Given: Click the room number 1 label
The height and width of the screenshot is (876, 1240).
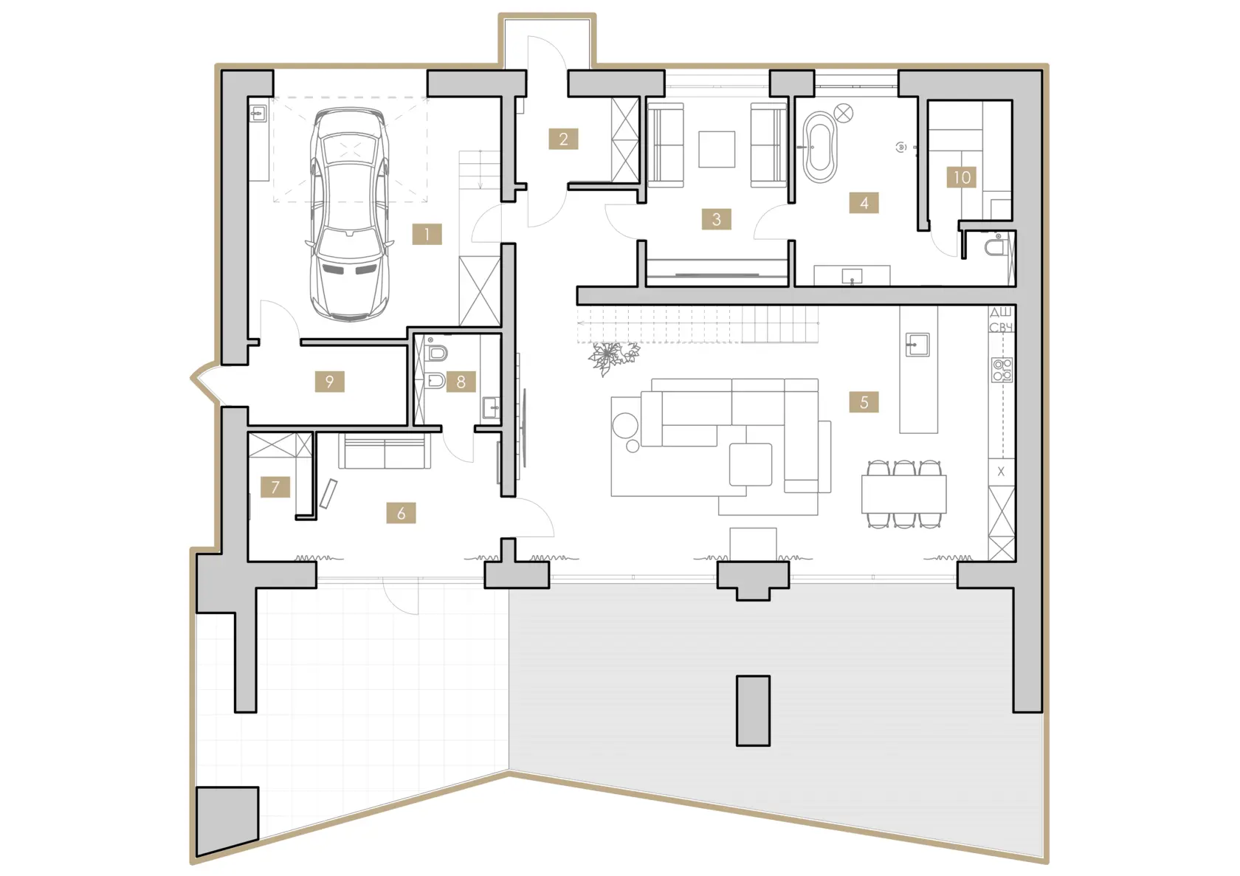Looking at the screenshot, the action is click(427, 235).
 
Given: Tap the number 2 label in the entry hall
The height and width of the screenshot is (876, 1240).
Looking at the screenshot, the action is click(564, 139).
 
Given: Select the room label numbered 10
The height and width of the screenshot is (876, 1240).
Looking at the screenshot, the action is click(961, 177).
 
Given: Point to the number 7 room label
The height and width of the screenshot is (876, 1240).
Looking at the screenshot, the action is click(275, 487).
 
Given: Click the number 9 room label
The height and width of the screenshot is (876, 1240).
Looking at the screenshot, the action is click(329, 382).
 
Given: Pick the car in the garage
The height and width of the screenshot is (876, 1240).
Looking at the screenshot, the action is click(349, 214).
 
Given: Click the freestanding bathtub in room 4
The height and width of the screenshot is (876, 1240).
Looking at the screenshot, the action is click(820, 148).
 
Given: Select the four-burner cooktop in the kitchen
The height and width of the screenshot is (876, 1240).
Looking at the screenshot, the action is click(1002, 370).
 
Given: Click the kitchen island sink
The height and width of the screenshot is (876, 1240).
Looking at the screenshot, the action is click(917, 345).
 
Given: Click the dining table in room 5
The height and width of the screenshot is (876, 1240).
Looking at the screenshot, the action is click(904, 494).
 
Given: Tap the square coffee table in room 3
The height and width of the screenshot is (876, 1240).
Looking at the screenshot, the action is click(717, 149).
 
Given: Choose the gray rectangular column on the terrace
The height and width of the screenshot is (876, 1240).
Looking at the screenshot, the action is click(753, 711).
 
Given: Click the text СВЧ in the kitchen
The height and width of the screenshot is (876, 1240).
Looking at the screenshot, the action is click(1001, 328).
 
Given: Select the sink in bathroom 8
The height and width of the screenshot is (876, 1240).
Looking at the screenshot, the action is click(491, 408).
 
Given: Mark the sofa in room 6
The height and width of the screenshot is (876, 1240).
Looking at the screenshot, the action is click(385, 451).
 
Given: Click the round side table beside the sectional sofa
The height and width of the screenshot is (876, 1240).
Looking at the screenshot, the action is click(626, 426).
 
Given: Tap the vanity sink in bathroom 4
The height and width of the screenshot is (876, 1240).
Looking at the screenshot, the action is click(852, 275).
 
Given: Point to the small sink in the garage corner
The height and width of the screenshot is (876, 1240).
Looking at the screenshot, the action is click(258, 114).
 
